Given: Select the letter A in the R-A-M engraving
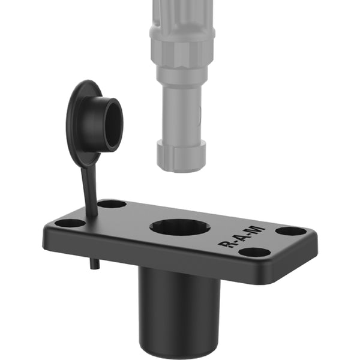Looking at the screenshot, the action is [x=241, y=238].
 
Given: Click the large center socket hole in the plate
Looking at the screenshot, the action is [x=180, y=227].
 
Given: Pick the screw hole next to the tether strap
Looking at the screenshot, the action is [x=112, y=204].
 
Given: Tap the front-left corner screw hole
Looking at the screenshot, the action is [x=70, y=223].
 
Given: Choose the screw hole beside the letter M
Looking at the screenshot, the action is [x=291, y=231].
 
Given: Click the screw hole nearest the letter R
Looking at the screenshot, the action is [x=255, y=253].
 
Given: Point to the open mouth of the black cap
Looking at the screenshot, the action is [x=114, y=125].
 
